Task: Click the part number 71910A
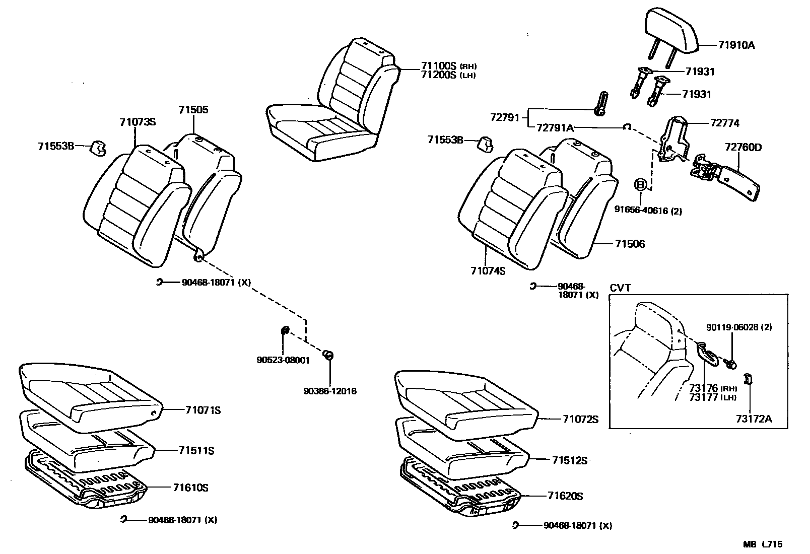pyautogui.click(x=736, y=45)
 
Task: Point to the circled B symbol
pyautogui.click(x=640, y=185)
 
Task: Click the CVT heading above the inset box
pyautogui.click(x=620, y=288)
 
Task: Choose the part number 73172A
pyautogui.click(x=754, y=419)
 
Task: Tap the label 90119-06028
pyautogui.click(x=733, y=327)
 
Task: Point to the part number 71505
pyautogui.click(x=193, y=110)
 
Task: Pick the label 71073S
pyautogui.click(x=138, y=121)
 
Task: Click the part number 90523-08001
pyautogui.click(x=283, y=360)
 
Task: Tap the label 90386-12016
pyautogui.click(x=330, y=391)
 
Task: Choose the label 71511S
pyautogui.click(x=196, y=451)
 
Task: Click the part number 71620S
pyautogui.click(x=565, y=496)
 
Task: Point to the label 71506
pyautogui.click(x=630, y=244)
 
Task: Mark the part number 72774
pyautogui.click(x=725, y=123)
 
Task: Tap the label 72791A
pyautogui.click(x=555, y=128)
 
